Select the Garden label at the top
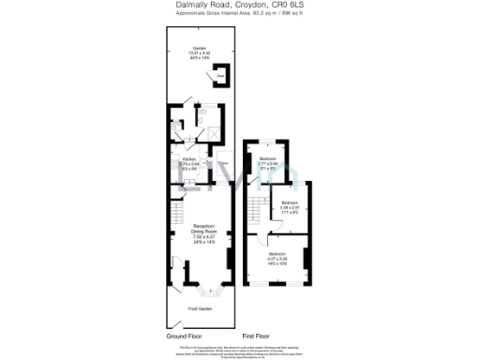[x=200, y=47]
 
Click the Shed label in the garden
[x=221, y=75]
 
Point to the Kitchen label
[x=188, y=159]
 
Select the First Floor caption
[x=256, y=335]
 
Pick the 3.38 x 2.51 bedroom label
[x=290, y=207]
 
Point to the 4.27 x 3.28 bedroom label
[x=278, y=259]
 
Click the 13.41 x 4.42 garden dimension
[x=200, y=52]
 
